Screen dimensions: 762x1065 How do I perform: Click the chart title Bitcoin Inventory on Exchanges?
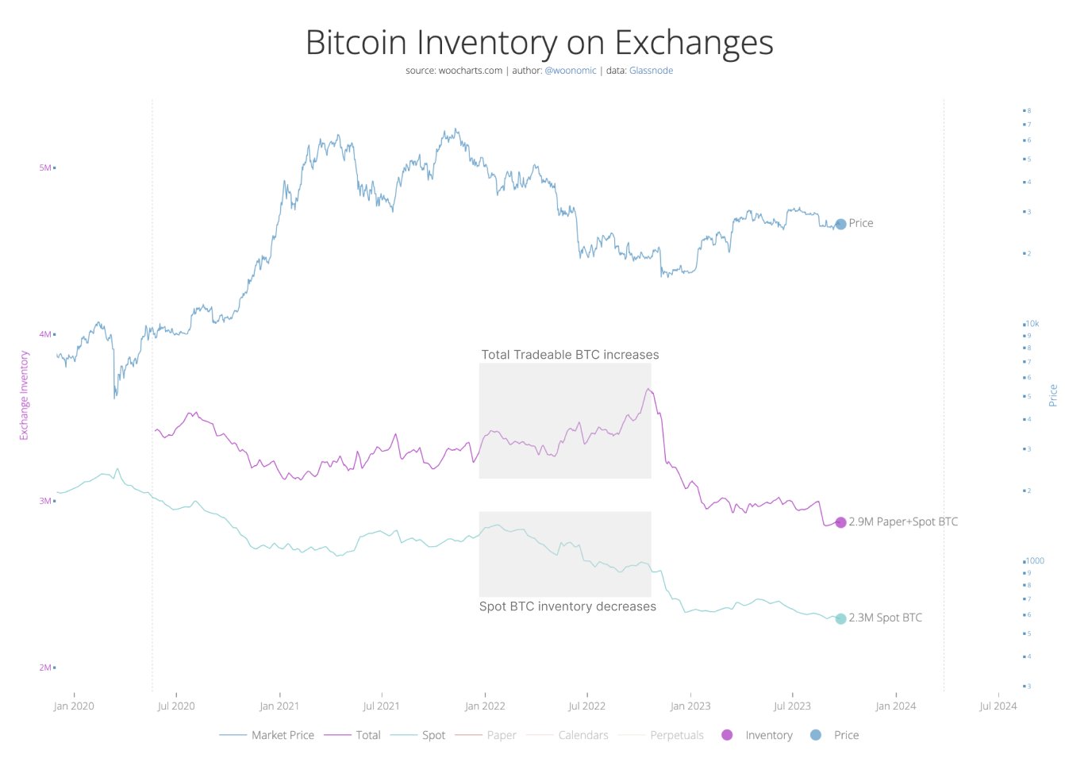539,43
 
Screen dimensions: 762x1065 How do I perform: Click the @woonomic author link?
570,71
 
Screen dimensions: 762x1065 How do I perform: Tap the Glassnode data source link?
651,71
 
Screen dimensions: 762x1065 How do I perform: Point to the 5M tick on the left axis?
45,167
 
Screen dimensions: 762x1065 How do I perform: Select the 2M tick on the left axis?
45,668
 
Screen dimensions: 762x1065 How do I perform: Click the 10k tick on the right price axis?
1032,324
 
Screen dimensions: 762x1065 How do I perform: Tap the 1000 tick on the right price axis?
1035,560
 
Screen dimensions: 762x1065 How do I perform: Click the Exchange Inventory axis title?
24,395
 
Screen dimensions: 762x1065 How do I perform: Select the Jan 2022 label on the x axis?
485,706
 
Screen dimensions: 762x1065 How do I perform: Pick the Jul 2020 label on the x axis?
176,706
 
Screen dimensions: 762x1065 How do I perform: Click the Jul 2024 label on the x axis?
998,706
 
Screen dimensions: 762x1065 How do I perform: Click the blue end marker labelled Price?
840,224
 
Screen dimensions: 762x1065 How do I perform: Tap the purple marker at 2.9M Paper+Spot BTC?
840,522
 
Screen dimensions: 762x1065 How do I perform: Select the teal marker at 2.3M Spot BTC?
840,618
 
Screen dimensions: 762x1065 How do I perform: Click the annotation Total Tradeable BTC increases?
570,355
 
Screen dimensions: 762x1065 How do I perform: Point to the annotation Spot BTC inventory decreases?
567,606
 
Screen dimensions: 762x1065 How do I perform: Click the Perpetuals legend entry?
676,735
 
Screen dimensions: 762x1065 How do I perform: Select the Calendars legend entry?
582,735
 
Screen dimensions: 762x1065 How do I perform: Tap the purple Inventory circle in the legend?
727,735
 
